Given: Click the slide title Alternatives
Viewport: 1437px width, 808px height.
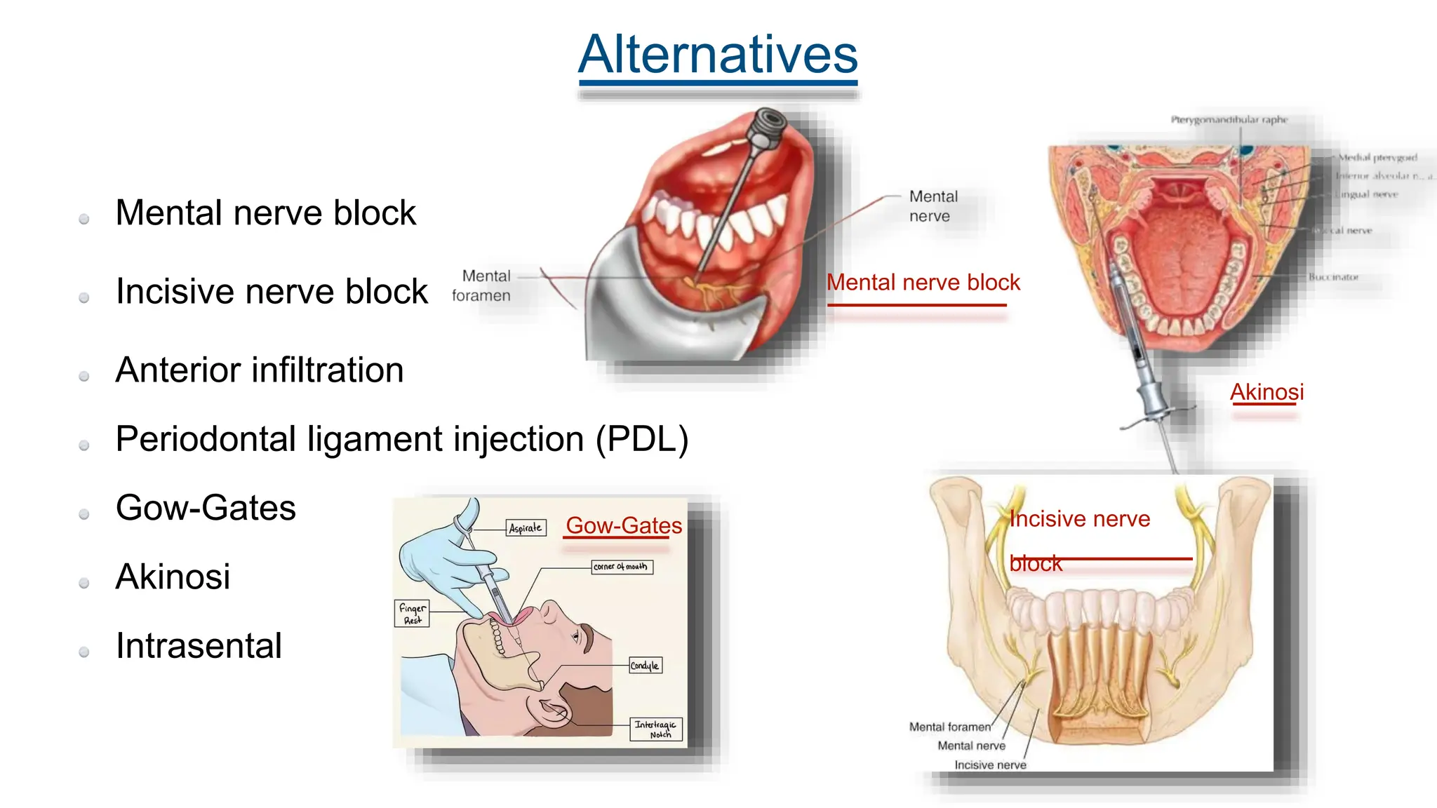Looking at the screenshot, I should [x=718, y=55].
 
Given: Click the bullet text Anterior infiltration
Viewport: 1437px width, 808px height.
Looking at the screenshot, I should [x=260, y=370].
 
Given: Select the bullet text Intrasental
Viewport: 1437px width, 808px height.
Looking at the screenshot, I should [x=199, y=645].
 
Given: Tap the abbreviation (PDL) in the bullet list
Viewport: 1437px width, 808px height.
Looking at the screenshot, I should [x=642, y=439].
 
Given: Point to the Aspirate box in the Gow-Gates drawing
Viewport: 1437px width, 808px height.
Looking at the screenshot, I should [x=526, y=527].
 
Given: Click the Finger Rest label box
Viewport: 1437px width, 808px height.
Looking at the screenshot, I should [x=412, y=613].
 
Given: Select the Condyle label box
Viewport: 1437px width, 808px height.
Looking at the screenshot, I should [x=645, y=665].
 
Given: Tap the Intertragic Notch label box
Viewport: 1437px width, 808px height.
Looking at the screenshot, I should [x=655, y=729].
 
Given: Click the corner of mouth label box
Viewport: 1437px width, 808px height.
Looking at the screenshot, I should [x=621, y=566].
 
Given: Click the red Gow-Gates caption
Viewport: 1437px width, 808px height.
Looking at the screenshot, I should [x=623, y=525].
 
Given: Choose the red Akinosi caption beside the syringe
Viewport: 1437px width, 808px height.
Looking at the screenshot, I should [x=1266, y=391].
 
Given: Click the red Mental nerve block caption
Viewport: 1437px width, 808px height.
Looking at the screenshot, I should [x=923, y=282].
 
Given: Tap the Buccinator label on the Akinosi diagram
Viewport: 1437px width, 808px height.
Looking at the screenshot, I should [x=1332, y=277].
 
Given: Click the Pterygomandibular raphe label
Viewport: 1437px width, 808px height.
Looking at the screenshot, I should [x=1229, y=120].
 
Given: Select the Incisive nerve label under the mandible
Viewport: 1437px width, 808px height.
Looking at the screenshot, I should [x=989, y=765].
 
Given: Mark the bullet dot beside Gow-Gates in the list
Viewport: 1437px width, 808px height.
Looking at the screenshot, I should [x=84, y=514].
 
